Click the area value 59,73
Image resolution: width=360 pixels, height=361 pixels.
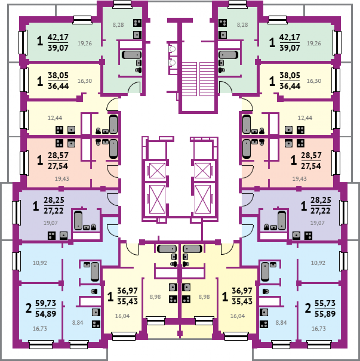pyautogui.click(x=46, y=303)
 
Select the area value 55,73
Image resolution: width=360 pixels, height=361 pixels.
pyautogui.click(x=325, y=303)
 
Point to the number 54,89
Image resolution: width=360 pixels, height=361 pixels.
pyautogui.click(x=46, y=313)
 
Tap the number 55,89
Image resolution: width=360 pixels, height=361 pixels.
pyautogui.click(x=325, y=313)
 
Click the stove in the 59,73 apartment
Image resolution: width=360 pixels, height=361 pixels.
pyautogui.click(x=96, y=324)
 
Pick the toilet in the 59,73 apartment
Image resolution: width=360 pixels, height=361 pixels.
pyautogui.click(x=94, y=291)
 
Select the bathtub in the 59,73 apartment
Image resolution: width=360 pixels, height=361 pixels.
pyautogui.click(x=95, y=271)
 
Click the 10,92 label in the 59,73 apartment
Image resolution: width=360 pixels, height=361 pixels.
pyautogui.click(x=40, y=263)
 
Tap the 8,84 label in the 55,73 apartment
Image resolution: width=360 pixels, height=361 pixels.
pyautogui.click(x=281, y=323)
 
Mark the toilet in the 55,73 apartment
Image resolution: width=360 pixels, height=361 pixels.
pyautogui.click(x=266, y=291)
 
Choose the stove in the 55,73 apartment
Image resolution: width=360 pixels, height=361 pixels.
pyautogui.click(x=264, y=324)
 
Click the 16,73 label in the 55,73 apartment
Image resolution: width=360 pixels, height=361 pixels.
pyautogui.click(x=318, y=329)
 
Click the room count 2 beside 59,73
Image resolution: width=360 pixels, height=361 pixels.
pyautogui.click(x=28, y=308)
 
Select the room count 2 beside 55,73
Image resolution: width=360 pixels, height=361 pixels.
pyautogui.click(x=308, y=308)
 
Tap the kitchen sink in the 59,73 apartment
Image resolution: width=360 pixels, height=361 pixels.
pyautogui.click(x=96, y=312)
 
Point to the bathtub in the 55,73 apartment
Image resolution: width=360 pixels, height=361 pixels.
pyautogui.click(x=265, y=271)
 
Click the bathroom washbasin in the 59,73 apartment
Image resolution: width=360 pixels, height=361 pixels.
pyautogui.click(x=87, y=264)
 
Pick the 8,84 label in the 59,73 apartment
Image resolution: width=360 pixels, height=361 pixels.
pyautogui.click(x=78, y=323)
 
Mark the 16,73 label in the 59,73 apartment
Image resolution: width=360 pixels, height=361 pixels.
pyautogui.click(x=40, y=329)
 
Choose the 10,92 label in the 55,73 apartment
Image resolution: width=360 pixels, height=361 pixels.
pyautogui.click(x=318, y=263)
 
